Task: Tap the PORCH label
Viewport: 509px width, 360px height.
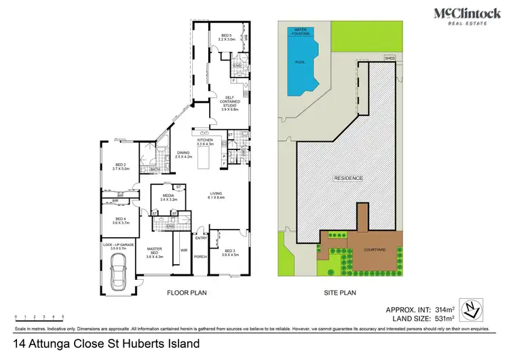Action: click(x=200, y=257)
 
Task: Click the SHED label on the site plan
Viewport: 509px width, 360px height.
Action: click(x=390, y=58)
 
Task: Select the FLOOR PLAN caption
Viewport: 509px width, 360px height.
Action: click(x=187, y=293)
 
